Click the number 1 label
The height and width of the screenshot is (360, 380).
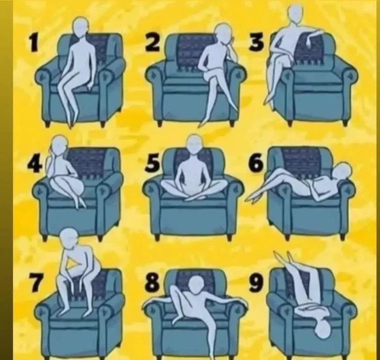pyautogui.click(x=34, y=42)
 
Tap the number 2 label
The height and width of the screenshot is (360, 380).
pyautogui.click(x=153, y=42)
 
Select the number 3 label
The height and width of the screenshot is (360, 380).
pyautogui.click(x=257, y=42)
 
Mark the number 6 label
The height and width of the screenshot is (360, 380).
pyautogui.click(x=256, y=163)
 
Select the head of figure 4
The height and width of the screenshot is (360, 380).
pyautogui.click(x=60, y=145)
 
